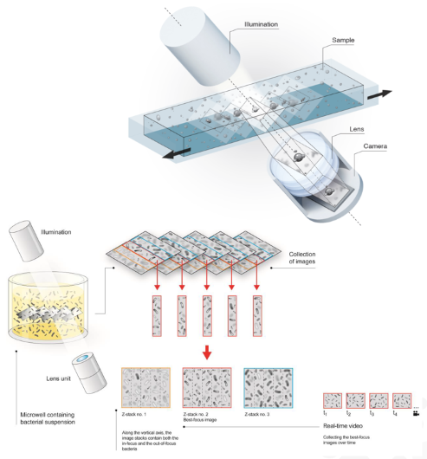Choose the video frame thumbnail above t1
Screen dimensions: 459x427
[333, 399]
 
